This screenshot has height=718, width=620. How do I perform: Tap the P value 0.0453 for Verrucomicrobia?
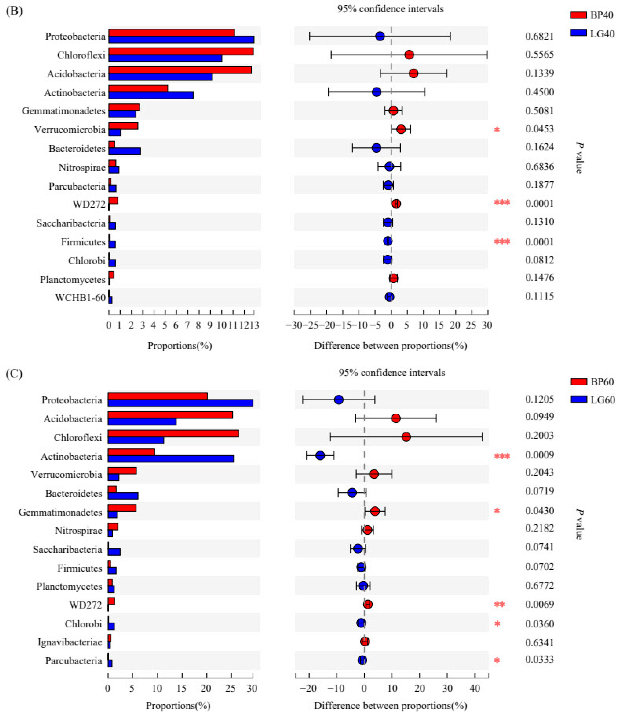point(539,129)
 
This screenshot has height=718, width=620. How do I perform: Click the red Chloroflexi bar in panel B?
point(181,51)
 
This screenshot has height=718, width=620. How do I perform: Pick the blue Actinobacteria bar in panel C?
point(170,458)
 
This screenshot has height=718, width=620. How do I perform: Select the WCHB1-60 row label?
point(80,298)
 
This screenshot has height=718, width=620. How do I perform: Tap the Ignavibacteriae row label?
point(70,642)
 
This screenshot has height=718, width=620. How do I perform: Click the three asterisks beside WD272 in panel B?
point(502,202)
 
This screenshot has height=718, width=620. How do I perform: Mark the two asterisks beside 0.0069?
point(499,605)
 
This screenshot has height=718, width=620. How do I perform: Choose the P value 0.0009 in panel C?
point(539,455)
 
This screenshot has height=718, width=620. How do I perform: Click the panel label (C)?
point(14,374)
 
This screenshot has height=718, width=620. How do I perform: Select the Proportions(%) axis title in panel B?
point(180,345)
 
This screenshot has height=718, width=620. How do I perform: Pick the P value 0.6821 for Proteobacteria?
point(539,36)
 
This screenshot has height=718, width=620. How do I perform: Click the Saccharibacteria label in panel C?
point(68,550)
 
